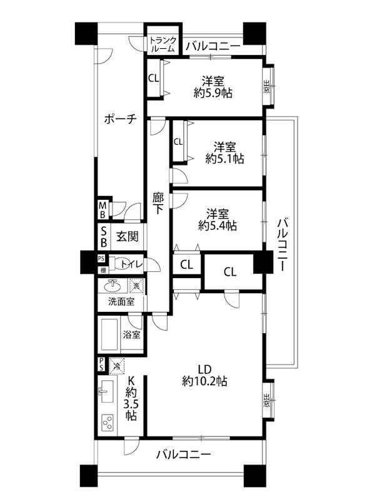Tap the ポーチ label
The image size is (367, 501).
(120, 120)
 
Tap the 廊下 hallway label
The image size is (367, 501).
(159, 204)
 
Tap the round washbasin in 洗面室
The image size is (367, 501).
(113, 286)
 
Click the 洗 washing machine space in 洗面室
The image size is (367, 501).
(136, 286)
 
